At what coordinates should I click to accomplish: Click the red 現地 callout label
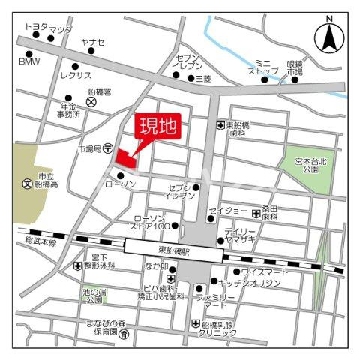pyautogui.click(x=155, y=126)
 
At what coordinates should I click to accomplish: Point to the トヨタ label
pyautogui.click(x=34, y=26)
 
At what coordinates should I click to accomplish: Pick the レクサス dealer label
pyautogui.click(x=75, y=76)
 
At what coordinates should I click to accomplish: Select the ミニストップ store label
pyautogui.click(x=266, y=66)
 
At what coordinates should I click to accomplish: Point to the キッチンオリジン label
pyautogui.click(x=250, y=283)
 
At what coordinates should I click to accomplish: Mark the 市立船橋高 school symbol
pyautogui.click(x=28, y=182)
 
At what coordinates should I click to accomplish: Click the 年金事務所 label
pyautogui.click(x=65, y=111)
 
